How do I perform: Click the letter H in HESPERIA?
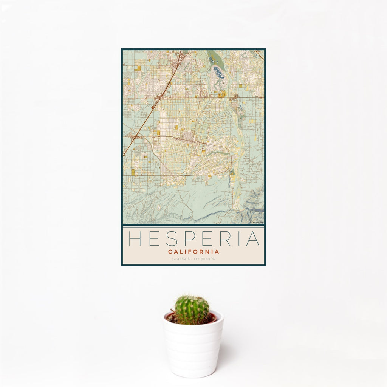pos(135,238)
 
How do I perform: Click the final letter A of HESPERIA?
pos(253,238)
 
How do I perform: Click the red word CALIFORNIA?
pos(193,252)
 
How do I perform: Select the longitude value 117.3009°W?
pos(204,259)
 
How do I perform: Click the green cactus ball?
pos(192,310)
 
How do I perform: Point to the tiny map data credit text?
pos(258,223)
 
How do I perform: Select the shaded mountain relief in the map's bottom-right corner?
pos(254,208)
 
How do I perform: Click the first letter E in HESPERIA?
pos(153,238)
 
